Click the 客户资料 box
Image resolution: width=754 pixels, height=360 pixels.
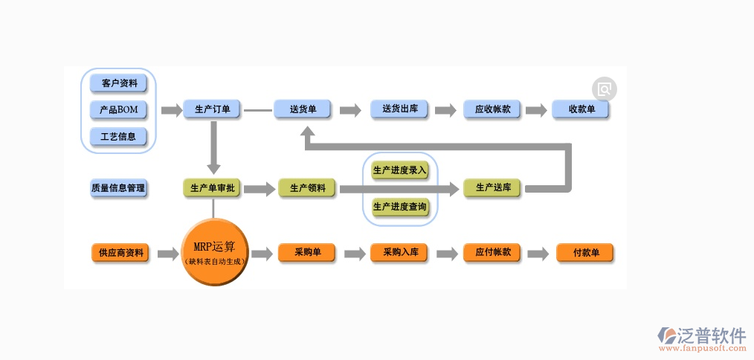tap(119, 83)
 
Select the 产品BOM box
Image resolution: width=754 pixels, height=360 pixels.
tap(119, 110)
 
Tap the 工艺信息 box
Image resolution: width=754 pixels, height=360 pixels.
tap(119, 137)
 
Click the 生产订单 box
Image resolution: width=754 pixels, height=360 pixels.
tap(212, 109)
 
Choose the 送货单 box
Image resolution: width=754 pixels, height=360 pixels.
tap(303, 109)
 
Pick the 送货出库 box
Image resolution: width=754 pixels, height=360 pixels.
tap(400, 109)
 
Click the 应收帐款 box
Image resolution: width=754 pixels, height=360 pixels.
tap(492, 109)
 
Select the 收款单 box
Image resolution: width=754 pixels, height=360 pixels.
tap(581, 109)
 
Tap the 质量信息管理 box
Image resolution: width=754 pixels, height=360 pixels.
tap(119, 188)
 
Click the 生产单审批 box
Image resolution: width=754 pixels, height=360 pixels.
tap(213, 188)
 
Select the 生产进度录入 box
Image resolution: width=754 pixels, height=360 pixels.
tap(400, 171)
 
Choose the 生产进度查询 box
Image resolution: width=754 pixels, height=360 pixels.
tap(400, 206)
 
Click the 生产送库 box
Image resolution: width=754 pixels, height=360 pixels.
tap(493, 187)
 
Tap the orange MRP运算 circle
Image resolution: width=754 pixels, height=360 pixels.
tap(214, 252)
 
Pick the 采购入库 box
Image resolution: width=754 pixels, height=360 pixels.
tap(401, 253)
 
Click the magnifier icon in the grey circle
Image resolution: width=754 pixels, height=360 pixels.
tap(605, 90)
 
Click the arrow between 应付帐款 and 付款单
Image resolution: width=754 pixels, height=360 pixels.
tap(538, 254)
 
